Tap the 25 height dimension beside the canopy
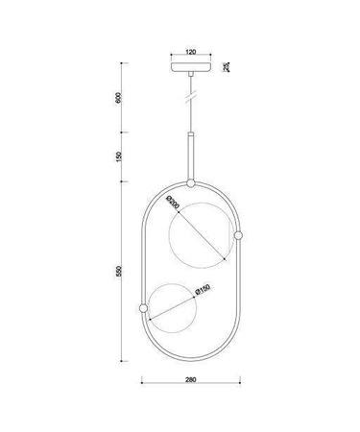[x=227, y=67]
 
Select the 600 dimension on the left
[x=118, y=99]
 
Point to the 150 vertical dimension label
[x=118, y=156]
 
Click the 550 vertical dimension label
[x=118, y=272]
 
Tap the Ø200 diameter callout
[x=174, y=204]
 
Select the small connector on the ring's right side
[x=238, y=236]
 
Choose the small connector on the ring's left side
[x=142, y=308]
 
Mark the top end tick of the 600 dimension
[x=124, y=62]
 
